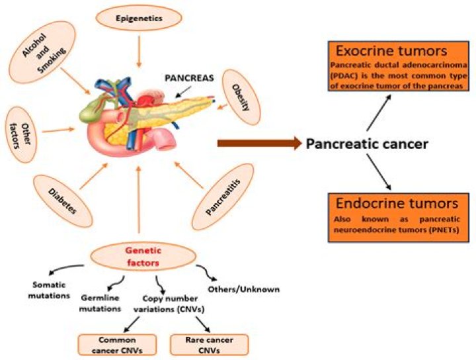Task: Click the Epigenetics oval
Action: point(139,19)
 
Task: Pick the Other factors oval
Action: point(19,130)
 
